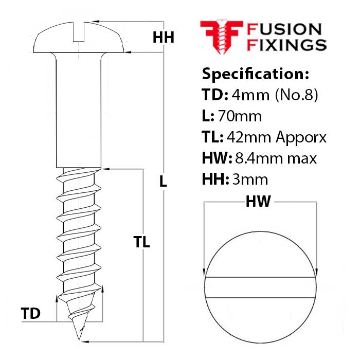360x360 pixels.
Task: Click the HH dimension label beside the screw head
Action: pos(164,38)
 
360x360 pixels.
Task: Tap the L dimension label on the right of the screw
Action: pos(163,181)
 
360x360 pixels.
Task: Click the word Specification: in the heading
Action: pos(256,74)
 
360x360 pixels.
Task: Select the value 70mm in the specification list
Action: pos(240,116)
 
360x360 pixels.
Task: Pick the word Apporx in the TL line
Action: pos(301,138)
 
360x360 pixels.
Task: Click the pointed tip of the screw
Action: pos(79,337)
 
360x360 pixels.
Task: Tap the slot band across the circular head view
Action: pos(261,288)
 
